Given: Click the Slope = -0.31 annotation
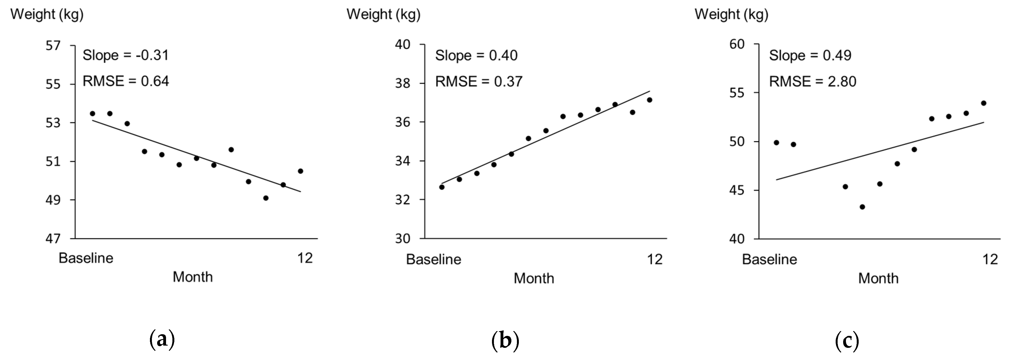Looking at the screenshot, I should [x=125, y=55].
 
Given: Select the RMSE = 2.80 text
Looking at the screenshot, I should [x=812, y=81].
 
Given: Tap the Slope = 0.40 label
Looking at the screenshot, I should [x=476, y=55].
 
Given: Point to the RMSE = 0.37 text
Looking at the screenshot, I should [x=478, y=81].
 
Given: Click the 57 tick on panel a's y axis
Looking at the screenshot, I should [x=53, y=46].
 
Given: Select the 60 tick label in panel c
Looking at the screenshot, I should [x=736, y=44].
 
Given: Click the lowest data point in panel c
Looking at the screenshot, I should [x=862, y=207].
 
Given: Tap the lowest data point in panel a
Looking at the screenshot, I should [x=266, y=198].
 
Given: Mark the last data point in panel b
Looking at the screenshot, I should [x=649, y=100].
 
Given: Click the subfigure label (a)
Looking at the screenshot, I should [x=162, y=339].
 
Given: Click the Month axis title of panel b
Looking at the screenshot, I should [x=534, y=279].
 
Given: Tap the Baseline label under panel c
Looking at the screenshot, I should [x=769, y=259].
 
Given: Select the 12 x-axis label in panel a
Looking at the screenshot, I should [x=305, y=258].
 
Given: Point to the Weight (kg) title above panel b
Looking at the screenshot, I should [x=383, y=15].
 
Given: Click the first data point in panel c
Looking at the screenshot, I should [x=776, y=142].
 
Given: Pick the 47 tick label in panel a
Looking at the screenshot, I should [x=53, y=239].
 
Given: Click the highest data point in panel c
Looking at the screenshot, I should [x=983, y=103].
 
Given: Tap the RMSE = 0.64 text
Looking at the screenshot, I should [x=125, y=81].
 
